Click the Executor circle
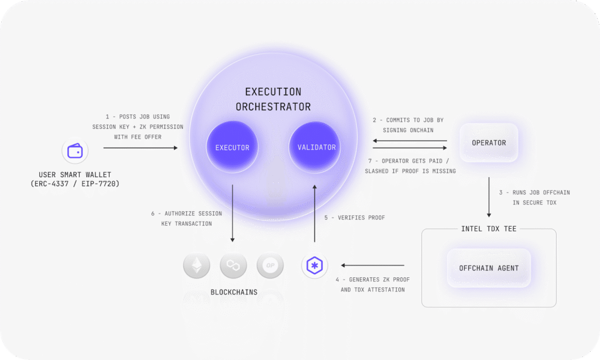(232, 147)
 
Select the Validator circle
(315, 147)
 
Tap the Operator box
(489, 142)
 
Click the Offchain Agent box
(489, 268)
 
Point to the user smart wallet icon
(75, 151)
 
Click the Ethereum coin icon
(197, 265)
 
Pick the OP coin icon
(270, 265)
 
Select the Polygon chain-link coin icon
(233, 265)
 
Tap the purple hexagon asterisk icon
(315, 265)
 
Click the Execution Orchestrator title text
(273, 99)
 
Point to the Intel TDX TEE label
(489, 229)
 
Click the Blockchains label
(234, 292)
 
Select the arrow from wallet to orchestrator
(141, 148)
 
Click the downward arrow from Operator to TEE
(489, 197)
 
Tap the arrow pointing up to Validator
(315, 213)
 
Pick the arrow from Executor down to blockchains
(232, 213)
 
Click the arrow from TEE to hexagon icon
(372, 265)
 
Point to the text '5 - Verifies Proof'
(354, 218)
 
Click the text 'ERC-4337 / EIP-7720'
(75, 184)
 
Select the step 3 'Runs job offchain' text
(534, 198)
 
